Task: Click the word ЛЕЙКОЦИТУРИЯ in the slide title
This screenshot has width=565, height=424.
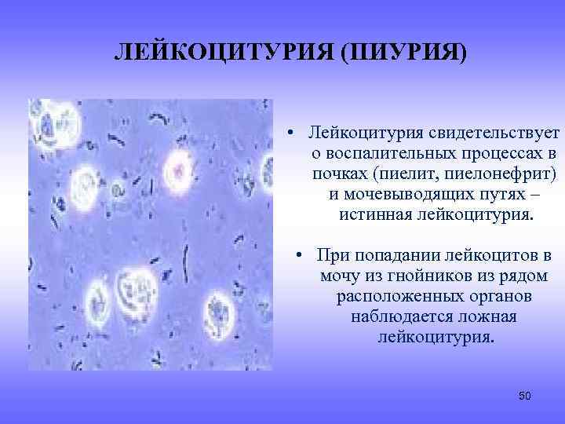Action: click(213, 53)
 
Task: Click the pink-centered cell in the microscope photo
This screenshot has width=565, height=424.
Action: click(180, 168)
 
